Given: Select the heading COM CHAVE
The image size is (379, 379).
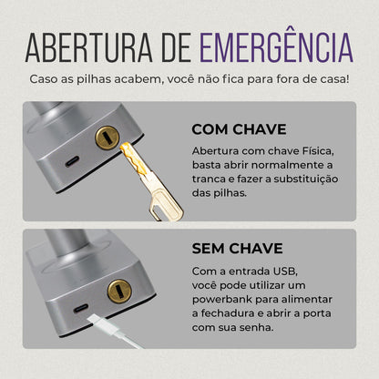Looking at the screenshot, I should pos(239,130).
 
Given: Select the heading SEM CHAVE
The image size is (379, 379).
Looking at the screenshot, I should pos(238,248).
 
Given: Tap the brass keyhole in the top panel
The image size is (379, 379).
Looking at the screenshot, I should pos(107,138).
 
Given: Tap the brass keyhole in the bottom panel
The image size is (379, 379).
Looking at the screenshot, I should pos(118,292).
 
